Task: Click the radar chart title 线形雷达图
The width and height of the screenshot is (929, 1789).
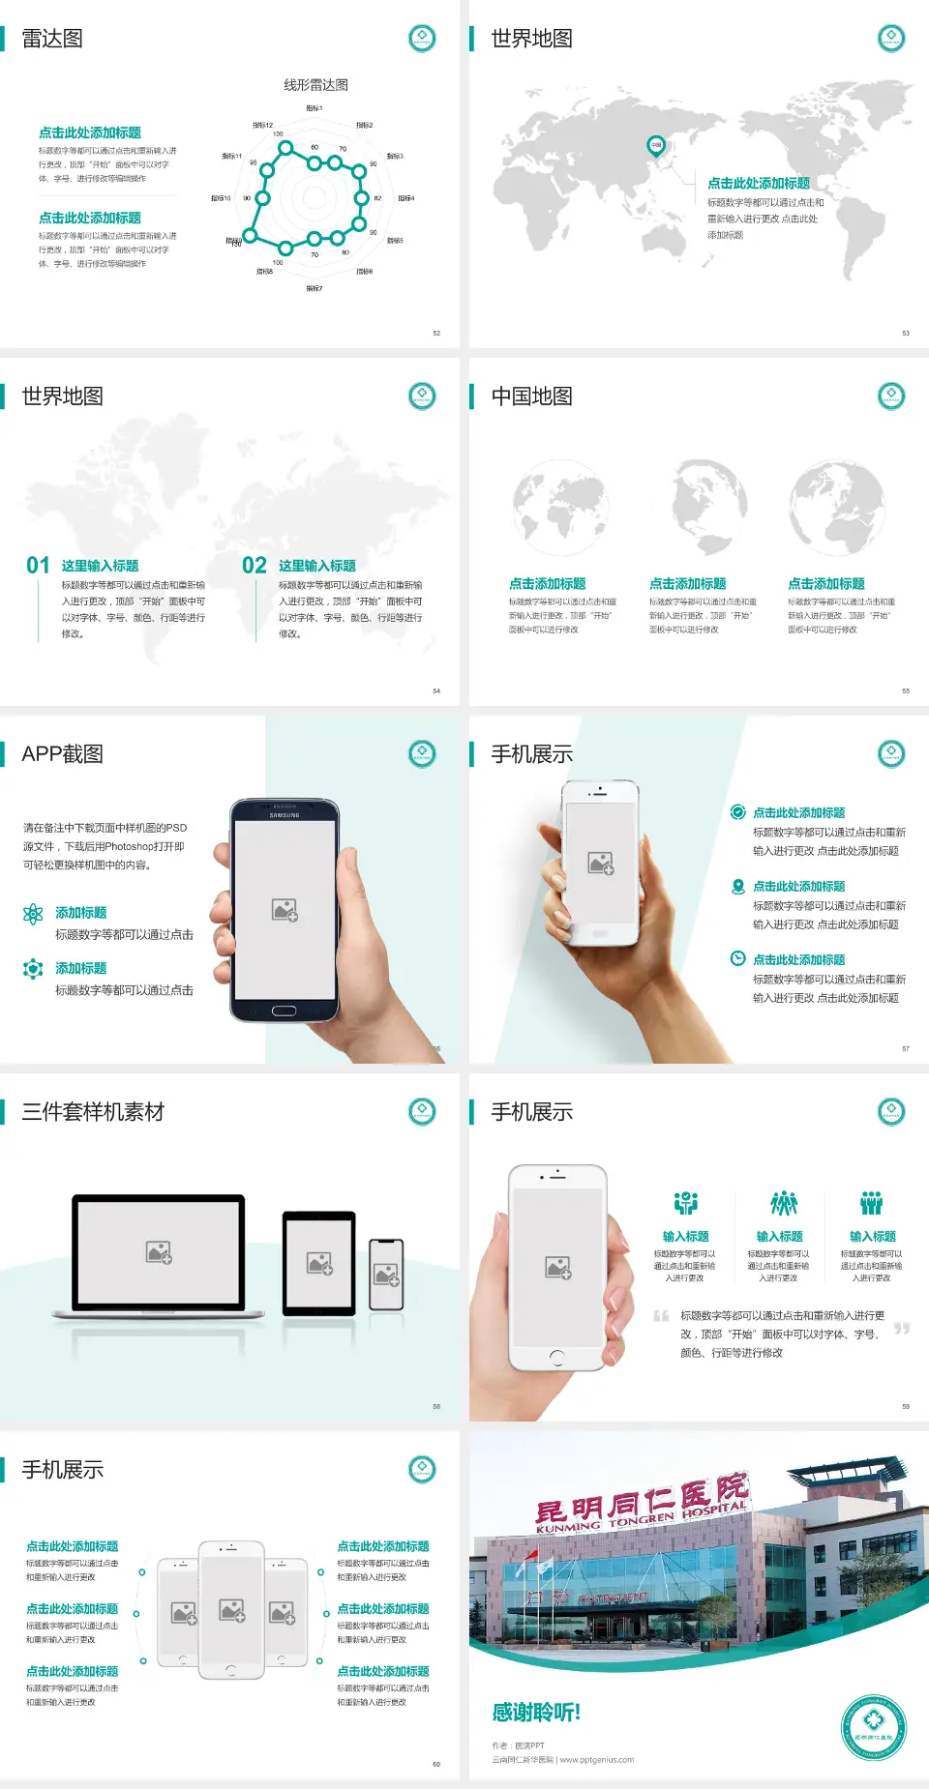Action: [x=315, y=85]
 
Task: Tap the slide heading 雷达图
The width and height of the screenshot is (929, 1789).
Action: [x=52, y=39]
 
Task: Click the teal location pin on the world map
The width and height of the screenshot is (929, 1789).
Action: [x=655, y=146]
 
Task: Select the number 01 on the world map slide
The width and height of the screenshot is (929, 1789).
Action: [x=38, y=565]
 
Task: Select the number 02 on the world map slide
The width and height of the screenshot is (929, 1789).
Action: [x=254, y=565]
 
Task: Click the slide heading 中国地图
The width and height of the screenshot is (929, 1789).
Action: [x=531, y=396]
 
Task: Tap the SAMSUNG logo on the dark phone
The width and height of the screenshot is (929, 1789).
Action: [x=285, y=815]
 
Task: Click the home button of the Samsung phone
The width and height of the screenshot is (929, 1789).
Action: [x=284, y=1011]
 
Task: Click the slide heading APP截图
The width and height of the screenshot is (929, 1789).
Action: [x=62, y=754]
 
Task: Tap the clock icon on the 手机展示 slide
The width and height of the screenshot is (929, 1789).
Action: [x=737, y=958]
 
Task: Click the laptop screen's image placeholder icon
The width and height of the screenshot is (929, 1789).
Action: [x=159, y=1252]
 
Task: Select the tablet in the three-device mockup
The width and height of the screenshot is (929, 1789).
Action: [x=318, y=1262]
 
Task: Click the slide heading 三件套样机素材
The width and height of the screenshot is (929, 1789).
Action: [x=93, y=1112]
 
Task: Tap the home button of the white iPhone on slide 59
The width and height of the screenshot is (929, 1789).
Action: [x=556, y=1357]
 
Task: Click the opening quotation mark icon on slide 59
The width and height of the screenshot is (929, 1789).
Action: [x=661, y=1315]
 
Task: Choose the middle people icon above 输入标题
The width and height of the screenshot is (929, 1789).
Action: [x=783, y=1203]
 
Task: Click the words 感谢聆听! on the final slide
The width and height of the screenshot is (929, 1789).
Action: [x=536, y=1713]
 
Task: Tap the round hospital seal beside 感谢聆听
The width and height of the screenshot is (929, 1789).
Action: [x=873, y=1727]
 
